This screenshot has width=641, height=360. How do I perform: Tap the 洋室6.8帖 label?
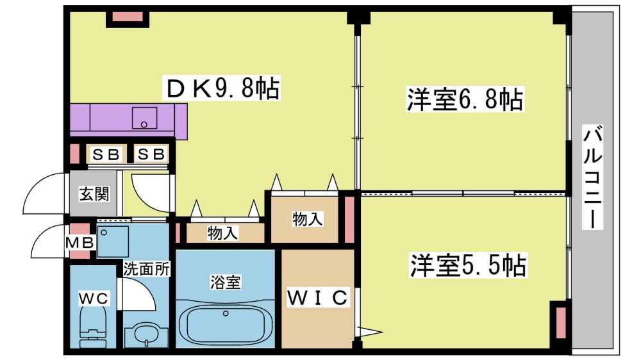tap(465, 99)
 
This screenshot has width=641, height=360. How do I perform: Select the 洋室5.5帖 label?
tap(468, 265)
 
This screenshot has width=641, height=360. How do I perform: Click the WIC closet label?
tap(318, 297)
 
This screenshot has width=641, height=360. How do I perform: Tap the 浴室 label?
tap(225, 282)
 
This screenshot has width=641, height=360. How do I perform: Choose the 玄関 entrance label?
tap(94, 193)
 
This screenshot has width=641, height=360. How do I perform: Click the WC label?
tap(94, 299)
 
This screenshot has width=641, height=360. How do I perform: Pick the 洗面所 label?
tap(146, 269)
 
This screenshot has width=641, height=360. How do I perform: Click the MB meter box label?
tap(80, 243)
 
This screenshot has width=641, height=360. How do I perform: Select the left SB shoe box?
tap(106, 154)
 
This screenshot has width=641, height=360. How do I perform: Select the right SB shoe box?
tap(151, 154)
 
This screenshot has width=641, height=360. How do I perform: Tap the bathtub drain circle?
tap(226, 314)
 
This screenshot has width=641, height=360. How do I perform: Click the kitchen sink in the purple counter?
tap(144, 118)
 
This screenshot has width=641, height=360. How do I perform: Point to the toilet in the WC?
tap(94, 323)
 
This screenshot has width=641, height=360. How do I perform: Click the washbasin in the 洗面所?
tap(146, 334)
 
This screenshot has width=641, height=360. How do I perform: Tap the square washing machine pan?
tap(113, 241)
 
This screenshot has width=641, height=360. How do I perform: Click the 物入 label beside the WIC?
tap(308, 220)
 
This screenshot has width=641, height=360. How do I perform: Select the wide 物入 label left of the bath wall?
tap(222, 233)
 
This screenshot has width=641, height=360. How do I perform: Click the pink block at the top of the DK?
tap(127, 17)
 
